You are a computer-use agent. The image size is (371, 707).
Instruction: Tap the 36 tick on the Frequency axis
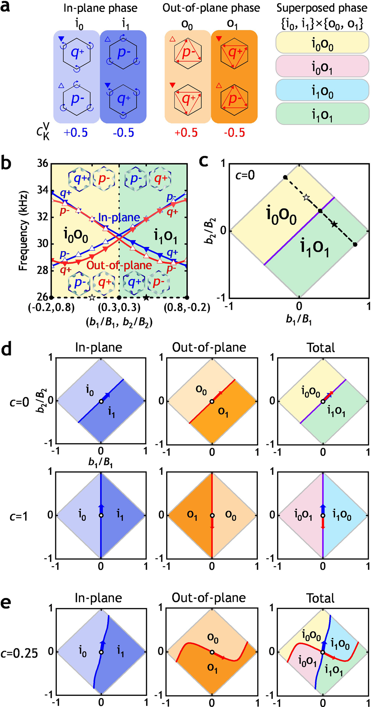pyautogui.click(x=43, y=164)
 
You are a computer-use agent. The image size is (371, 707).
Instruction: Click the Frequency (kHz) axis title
pyautogui.click(x=24, y=230)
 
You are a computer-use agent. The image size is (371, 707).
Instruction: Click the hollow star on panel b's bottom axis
pyautogui.click(x=92, y=297)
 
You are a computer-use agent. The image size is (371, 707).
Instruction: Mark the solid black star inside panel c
pyautogui.click(x=334, y=224)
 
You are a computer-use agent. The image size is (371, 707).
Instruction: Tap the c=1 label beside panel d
pyautogui.click(x=19, y=516)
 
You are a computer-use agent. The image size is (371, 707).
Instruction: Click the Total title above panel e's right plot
pyautogui.click(x=321, y=598)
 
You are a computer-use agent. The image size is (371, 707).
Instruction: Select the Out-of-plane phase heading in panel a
pyautogui.click(x=211, y=8)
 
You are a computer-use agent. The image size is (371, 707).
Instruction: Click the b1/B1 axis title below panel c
pyautogui.click(x=299, y=319)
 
